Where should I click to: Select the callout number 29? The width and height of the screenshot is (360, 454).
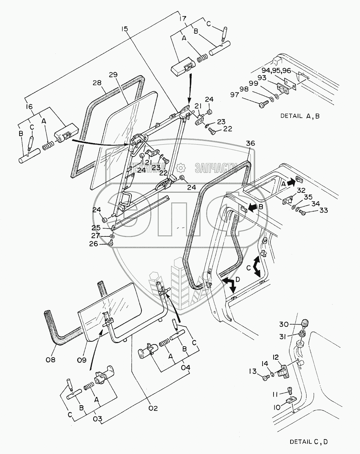(113, 75)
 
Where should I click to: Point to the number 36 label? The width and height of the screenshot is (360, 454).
(251, 143)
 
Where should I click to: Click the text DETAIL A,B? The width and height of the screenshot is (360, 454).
(300, 116)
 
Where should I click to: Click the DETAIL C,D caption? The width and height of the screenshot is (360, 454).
(309, 442)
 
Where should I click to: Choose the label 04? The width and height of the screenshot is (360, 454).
(185, 368)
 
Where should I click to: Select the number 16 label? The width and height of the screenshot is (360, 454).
(29, 106)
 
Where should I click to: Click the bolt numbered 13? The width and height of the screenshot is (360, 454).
(265, 379)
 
